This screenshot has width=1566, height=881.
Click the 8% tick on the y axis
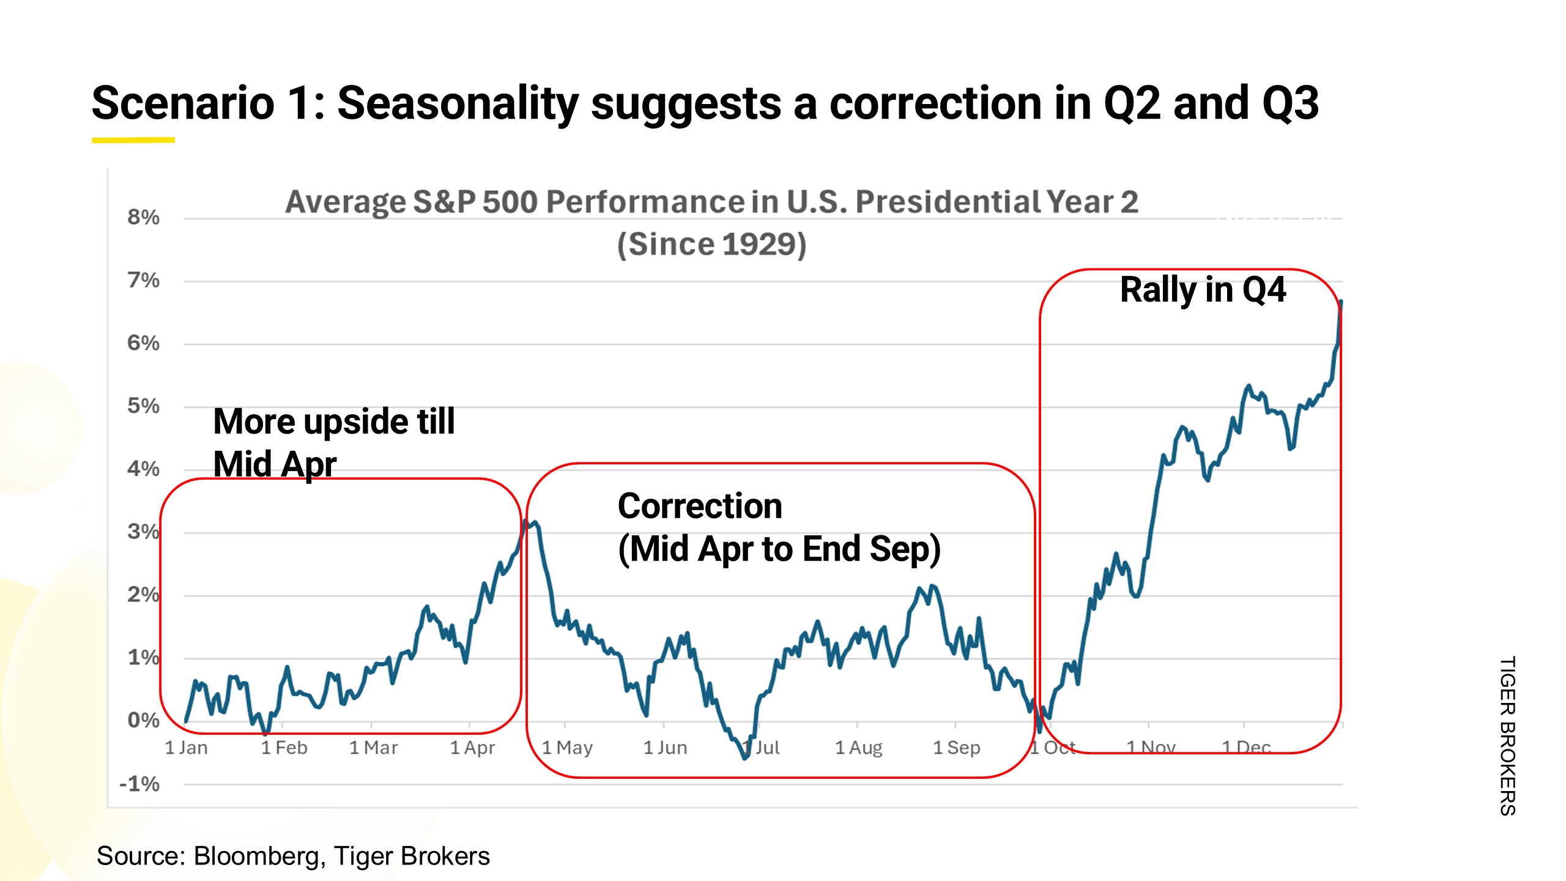pyautogui.click(x=143, y=217)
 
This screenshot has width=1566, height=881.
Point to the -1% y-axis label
pyautogui.click(x=139, y=784)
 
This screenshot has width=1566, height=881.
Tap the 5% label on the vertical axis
pyautogui.click(x=143, y=406)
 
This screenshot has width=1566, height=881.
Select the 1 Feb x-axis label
pyautogui.click(x=284, y=748)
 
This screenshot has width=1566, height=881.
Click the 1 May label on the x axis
pyautogui.click(x=567, y=748)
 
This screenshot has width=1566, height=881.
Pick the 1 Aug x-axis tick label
pyautogui.click(x=858, y=748)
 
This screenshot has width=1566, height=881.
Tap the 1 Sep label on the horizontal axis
pyautogui.click(x=956, y=748)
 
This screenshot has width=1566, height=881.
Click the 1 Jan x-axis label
pyautogui.click(x=186, y=748)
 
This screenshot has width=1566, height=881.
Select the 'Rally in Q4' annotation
pyautogui.click(x=1203, y=290)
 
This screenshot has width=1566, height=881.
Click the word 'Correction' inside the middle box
pyautogui.click(x=700, y=507)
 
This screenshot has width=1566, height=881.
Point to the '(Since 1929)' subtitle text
pyautogui.click(x=711, y=245)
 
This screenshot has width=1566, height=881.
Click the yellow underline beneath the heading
pyautogui.click(x=133, y=140)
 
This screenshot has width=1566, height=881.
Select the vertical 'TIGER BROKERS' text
pyautogui.click(x=1507, y=735)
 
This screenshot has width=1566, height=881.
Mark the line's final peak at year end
pyautogui.click(x=1341, y=302)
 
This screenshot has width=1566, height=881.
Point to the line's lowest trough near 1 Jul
pyautogui.click(x=744, y=758)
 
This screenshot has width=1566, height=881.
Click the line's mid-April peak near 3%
pyautogui.click(x=525, y=521)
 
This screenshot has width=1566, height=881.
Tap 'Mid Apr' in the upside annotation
pyautogui.click(x=275, y=464)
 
